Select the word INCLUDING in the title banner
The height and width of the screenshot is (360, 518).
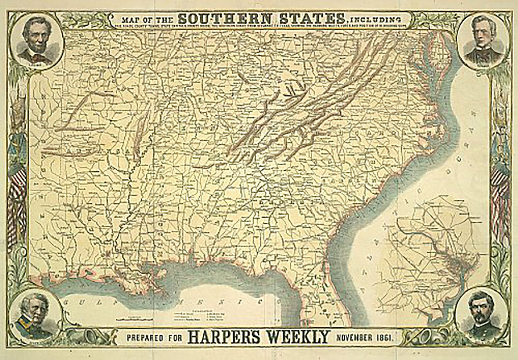coord(375,19)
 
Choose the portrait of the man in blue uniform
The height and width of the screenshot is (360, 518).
coord(35,316)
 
